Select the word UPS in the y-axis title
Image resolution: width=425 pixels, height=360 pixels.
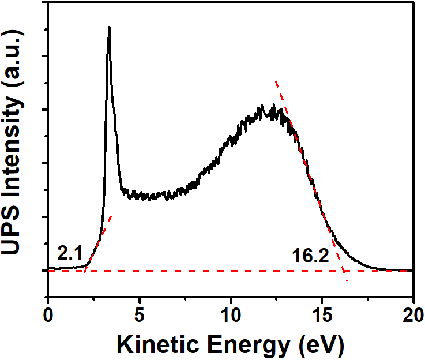[16, 228]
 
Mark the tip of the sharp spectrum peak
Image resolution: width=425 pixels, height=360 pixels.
[109, 27]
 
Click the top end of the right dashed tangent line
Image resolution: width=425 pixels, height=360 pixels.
[276, 81]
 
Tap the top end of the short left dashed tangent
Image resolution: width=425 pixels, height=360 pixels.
[111, 216]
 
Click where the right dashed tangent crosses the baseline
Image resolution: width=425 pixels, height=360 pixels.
[343, 270]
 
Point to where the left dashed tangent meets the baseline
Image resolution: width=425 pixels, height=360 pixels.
[85, 270]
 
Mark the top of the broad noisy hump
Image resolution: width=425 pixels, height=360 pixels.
[262, 106]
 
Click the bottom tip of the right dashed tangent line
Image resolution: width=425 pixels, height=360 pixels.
[347, 281]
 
